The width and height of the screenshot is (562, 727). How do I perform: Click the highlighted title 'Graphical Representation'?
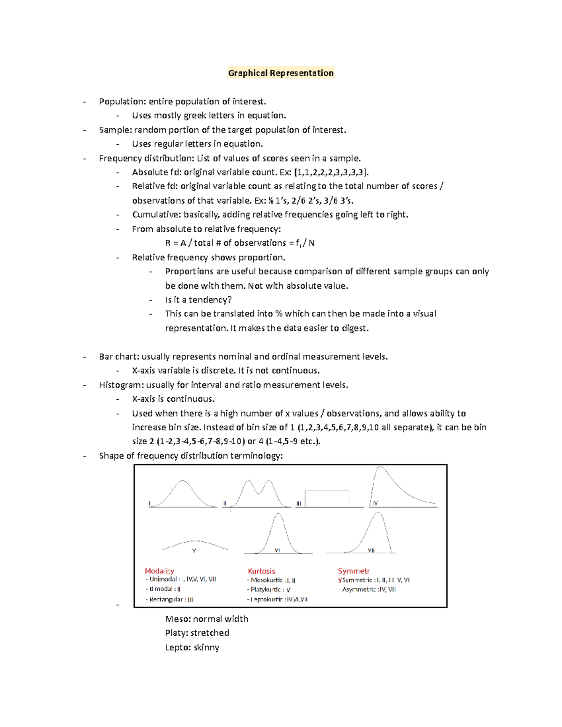(281, 73)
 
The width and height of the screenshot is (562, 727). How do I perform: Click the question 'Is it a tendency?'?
(198, 300)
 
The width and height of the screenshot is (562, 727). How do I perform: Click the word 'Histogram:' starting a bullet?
(121, 385)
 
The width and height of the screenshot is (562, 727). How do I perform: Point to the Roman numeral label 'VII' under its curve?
(371, 551)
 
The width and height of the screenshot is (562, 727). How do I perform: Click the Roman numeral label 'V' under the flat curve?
(194, 551)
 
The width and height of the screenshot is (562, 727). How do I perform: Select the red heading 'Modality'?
(159, 571)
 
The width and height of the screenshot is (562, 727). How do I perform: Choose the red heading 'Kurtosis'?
(261, 571)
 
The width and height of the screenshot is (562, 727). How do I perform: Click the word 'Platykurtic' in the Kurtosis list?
(266, 590)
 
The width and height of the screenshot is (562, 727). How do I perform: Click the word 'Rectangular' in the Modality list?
(166, 600)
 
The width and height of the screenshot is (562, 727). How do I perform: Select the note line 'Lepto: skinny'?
(192, 647)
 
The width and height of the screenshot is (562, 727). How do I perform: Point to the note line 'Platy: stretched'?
(197, 633)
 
